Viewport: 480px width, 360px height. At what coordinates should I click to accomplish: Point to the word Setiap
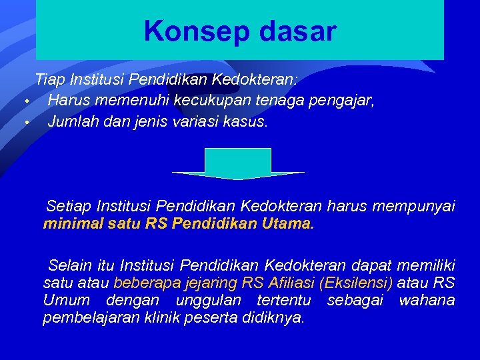click(69, 206)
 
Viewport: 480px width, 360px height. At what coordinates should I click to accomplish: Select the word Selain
click(71, 264)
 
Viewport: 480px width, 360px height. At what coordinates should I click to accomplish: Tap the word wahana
click(427, 300)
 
